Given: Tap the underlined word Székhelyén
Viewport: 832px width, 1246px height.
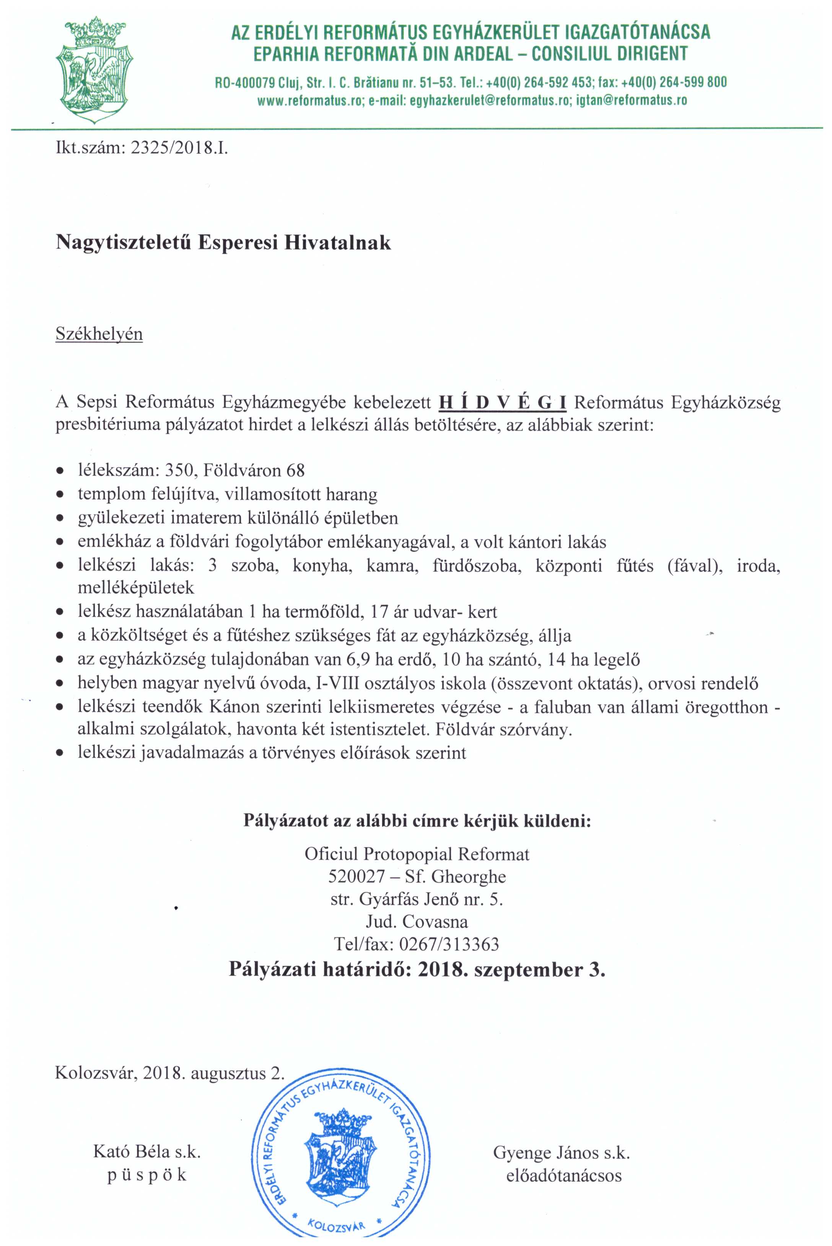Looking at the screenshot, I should point(99,334).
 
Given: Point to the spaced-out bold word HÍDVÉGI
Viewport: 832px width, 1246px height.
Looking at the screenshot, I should point(502,403).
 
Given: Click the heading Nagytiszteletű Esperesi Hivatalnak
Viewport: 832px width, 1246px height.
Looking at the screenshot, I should point(223,243).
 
